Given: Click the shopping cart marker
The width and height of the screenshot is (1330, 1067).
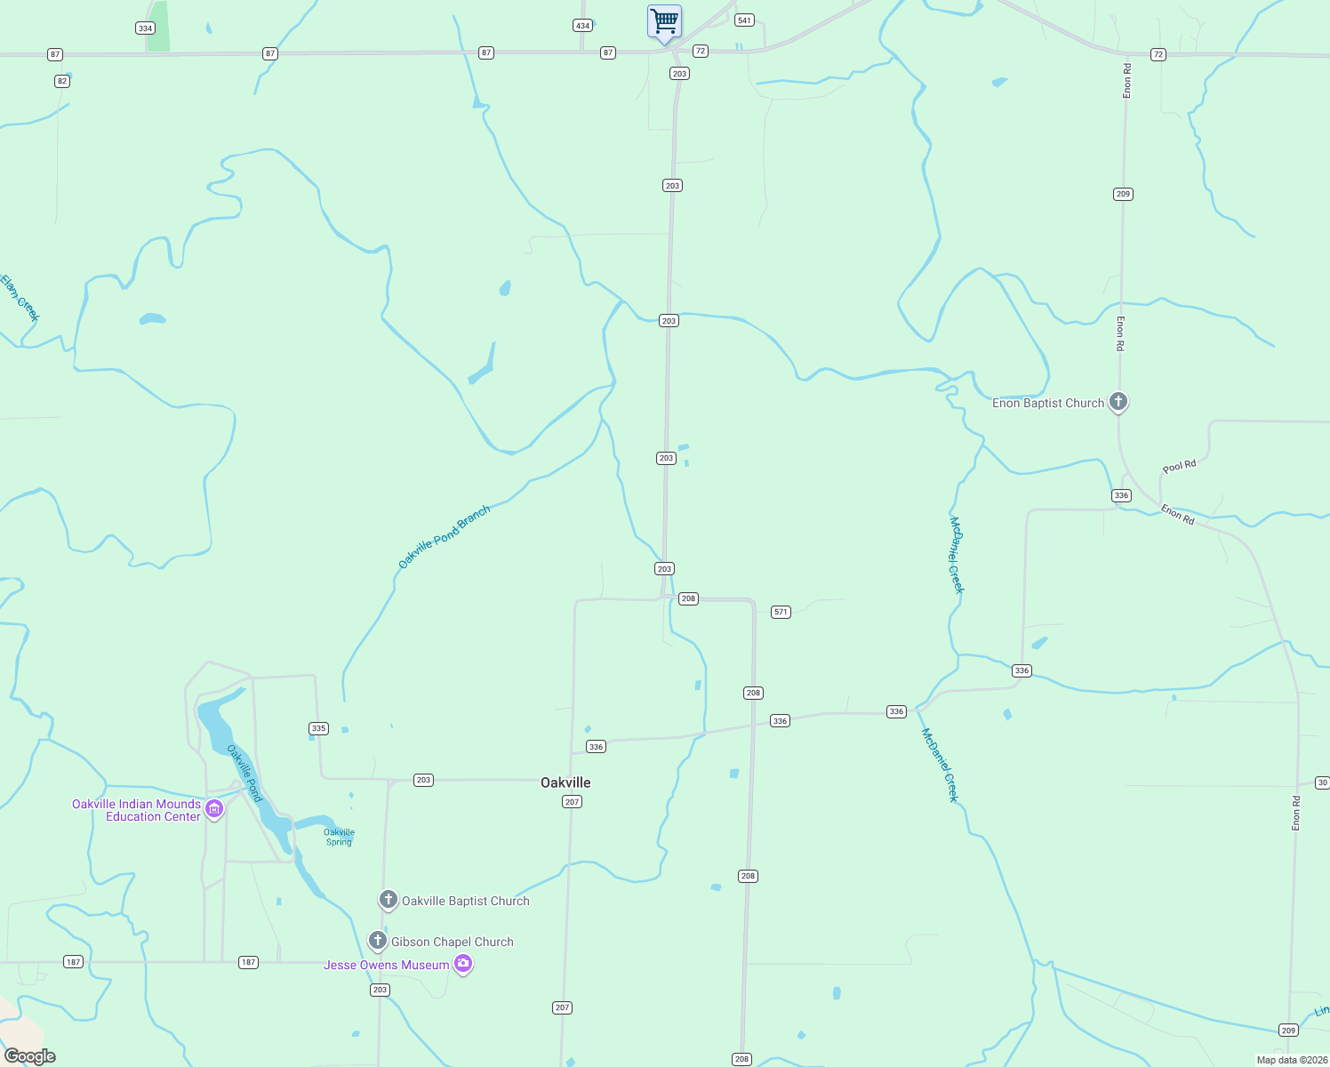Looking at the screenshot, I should (x=664, y=22).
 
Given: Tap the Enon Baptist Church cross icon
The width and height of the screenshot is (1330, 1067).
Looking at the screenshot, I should (x=1118, y=402).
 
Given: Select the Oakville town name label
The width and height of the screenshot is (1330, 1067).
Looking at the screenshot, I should (x=565, y=782).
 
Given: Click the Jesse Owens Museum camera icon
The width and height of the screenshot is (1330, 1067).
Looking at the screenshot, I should (x=462, y=964).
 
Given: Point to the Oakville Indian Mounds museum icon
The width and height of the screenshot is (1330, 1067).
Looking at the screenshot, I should (x=213, y=809).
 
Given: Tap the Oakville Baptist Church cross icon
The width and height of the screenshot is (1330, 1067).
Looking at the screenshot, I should (x=388, y=900).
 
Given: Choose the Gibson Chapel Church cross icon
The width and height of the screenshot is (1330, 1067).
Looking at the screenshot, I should (x=377, y=940).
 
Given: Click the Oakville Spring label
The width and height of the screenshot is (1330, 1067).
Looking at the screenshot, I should (x=339, y=838).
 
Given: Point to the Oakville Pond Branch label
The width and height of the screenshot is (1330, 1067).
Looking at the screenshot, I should (x=444, y=538).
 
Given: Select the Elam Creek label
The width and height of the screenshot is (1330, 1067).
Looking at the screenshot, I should (x=20, y=298).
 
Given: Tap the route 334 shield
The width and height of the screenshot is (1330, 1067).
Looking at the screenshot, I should (x=145, y=28).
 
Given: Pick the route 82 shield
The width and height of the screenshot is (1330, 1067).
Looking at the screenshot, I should (x=61, y=81).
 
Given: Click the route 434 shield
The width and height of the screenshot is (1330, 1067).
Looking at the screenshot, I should (x=582, y=25).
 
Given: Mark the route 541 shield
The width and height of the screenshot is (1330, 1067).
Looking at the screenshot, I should (x=744, y=20).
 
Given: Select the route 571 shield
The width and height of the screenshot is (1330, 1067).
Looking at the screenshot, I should (x=781, y=612).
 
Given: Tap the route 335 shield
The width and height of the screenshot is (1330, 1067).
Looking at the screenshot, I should (x=318, y=728).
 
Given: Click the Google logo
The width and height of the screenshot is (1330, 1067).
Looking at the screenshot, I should (x=30, y=1056).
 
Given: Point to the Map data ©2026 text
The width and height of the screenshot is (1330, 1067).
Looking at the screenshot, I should (x=1291, y=1060).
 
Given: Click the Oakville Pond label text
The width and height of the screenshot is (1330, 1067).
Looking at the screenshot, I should (x=244, y=773).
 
